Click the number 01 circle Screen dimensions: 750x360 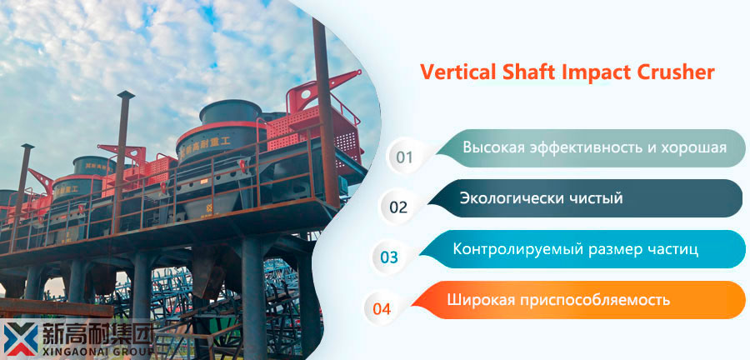pos(404,157)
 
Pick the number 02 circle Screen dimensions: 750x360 pos(398,207)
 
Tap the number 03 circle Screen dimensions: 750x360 pos(389,257)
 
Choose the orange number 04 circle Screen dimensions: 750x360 pos(382,308)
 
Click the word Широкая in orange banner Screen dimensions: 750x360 pos(480,300)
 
